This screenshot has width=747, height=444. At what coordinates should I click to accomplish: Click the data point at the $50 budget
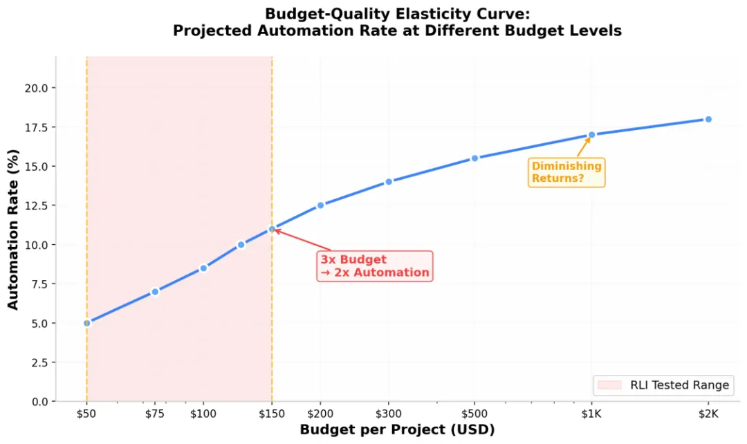tap(86, 323)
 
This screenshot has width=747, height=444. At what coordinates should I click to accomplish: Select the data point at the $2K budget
tap(708, 119)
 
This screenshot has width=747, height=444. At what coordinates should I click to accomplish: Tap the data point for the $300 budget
tap(389, 181)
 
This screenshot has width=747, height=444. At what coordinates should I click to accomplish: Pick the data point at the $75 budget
tap(155, 292)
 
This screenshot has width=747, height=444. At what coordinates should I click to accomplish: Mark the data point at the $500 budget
tap(474, 158)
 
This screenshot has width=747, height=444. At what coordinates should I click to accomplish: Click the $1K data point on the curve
tap(591, 135)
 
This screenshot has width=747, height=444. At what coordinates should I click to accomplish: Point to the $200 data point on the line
tap(321, 205)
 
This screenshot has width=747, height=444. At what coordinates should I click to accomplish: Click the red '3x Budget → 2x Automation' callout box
tap(375, 266)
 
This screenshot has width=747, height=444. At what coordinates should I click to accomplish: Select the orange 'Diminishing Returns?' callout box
tap(566, 172)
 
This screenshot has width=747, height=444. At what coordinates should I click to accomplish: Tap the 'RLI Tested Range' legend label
tap(679, 385)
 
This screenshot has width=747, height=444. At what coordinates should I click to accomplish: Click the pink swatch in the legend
tap(609, 385)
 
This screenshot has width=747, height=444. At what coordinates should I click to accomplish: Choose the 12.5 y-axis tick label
tap(37, 205)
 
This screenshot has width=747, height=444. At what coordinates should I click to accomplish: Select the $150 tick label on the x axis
tap(272, 414)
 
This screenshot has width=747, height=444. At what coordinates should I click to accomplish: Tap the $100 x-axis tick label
tap(203, 414)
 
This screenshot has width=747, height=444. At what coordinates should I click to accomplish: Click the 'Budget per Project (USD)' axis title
tap(397, 429)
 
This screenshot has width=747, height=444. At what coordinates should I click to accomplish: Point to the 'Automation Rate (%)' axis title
tap(13, 230)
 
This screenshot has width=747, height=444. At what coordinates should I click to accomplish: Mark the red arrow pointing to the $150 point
tap(302, 239)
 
